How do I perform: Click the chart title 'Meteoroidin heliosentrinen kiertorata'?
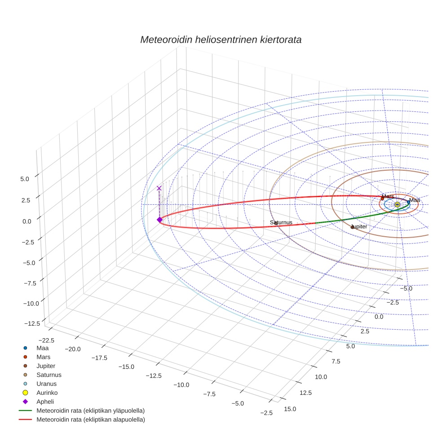point(221,40)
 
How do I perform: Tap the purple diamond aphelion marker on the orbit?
point(159,219)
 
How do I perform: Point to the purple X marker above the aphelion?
point(159,188)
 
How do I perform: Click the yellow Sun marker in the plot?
point(397,205)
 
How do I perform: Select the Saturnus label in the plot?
point(281,222)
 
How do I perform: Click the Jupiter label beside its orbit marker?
point(359,227)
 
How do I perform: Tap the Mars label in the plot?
point(388,196)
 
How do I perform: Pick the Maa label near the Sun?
point(414,200)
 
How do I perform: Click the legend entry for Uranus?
point(47,384)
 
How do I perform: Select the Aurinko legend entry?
point(47,393)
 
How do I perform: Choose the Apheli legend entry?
point(45,402)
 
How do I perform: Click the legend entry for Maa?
point(42,348)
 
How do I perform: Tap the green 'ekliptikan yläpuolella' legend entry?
point(90,411)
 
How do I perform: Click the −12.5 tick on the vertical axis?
point(31,323)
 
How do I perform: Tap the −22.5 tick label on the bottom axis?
point(53,340)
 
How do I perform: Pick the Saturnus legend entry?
point(49,375)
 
